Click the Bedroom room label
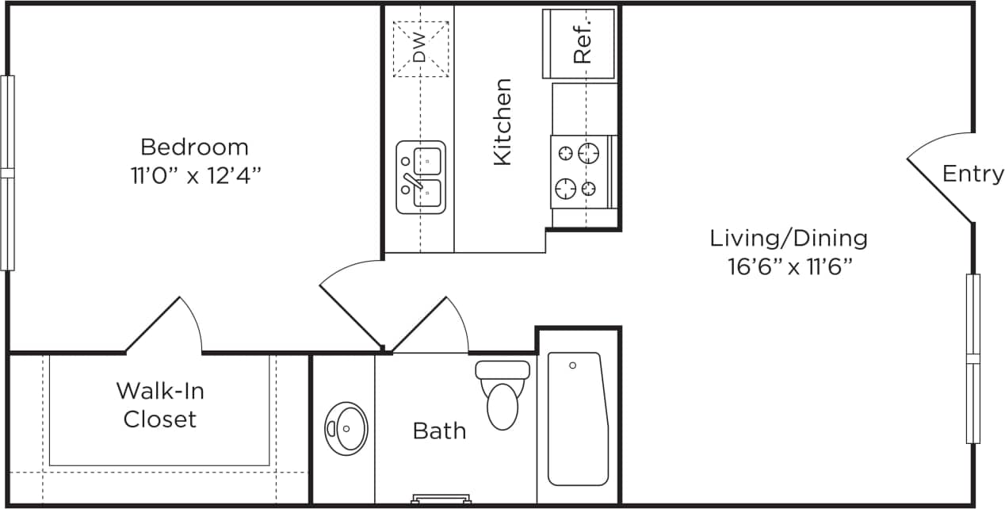pyautogui.click(x=194, y=147)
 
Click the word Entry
pyautogui.click(x=973, y=174)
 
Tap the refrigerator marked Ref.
pyautogui.click(x=579, y=44)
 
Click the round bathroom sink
pyautogui.click(x=346, y=429)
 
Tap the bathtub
pyautogui.click(x=578, y=418)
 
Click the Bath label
pyautogui.click(x=439, y=431)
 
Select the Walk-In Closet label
pyautogui.click(x=159, y=404)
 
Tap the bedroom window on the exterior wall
pyautogui.click(x=7, y=173)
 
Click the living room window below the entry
pyautogui.click(x=973, y=358)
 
